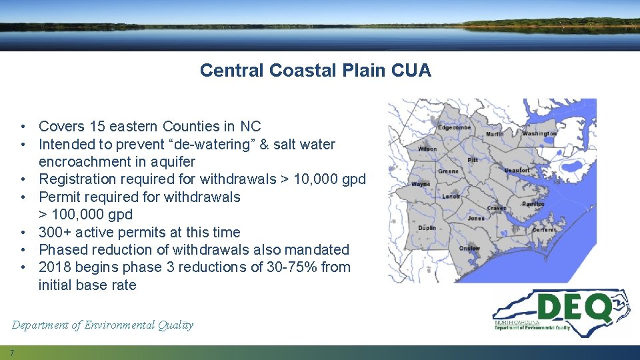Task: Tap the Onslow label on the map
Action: click(469, 248)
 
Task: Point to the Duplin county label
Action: click(427, 228)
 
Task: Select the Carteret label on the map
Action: click(544, 229)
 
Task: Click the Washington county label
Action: click(539, 133)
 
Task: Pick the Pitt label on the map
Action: click(473, 160)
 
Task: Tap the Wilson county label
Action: click(427, 149)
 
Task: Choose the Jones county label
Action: click(476, 218)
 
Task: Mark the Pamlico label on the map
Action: click(533, 204)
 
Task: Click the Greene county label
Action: click(448, 171)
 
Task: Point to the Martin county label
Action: click(495, 134)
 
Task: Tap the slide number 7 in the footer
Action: click(12, 352)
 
